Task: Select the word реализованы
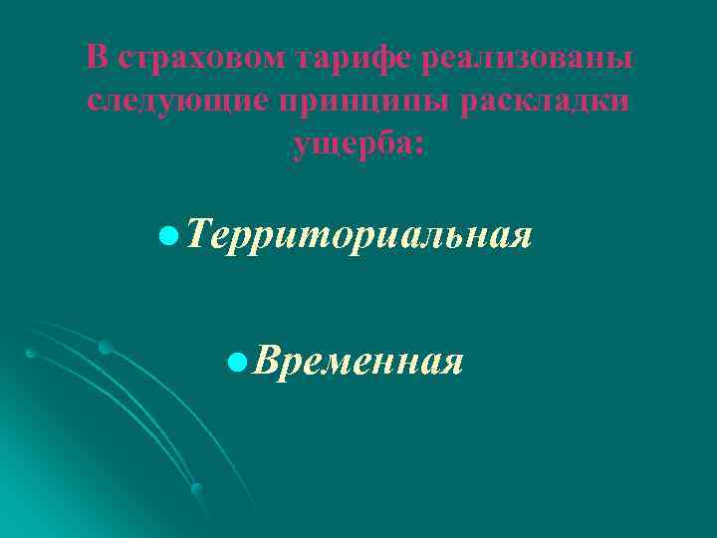[x=527, y=58]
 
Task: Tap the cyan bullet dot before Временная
[x=236, y=360]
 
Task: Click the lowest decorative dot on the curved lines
[x=196, y=488]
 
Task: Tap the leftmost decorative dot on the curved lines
[x=31, y=353]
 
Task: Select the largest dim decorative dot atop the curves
[x=105, y=347]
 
